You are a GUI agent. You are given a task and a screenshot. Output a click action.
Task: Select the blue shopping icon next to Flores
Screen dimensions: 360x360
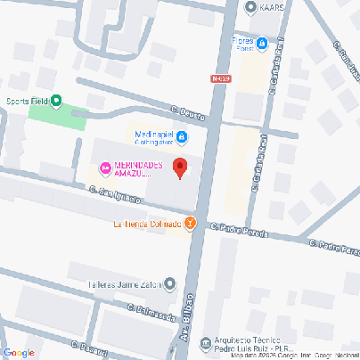(x=262, y=42)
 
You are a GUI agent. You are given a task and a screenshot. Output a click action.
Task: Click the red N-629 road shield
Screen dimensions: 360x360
(x=222, y=78)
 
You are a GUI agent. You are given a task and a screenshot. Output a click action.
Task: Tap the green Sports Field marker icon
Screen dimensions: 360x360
(x=57, y=102)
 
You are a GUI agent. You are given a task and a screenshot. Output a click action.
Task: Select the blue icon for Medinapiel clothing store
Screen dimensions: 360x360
(x=181, y=136)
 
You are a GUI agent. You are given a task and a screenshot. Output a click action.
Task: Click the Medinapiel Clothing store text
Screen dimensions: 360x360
(x=153, y=136)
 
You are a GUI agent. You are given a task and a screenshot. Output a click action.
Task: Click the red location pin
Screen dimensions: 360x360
(x=179, y=167)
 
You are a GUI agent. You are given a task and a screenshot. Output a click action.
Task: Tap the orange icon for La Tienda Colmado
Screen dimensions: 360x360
(x=190, y=224)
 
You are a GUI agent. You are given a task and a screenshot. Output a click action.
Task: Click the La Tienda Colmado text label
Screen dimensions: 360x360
(x=147, y=224)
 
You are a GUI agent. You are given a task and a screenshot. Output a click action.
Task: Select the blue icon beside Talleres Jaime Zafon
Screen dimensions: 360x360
(x=168, y=285)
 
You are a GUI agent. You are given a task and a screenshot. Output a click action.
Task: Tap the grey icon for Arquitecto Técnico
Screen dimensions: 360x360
(x=207, y=341)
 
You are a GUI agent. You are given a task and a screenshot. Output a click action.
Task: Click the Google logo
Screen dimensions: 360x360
(x=19, y=352)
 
